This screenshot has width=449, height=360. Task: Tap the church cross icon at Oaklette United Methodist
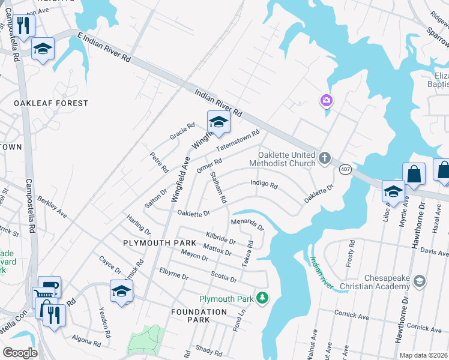[324, 158]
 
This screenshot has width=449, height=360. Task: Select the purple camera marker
[327, 100]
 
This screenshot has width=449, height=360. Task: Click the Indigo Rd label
[264, 185]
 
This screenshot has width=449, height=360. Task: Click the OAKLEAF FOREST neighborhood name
[51, 103]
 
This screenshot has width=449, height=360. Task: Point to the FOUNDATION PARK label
[199, 316]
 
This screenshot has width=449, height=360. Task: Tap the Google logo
[20, 353]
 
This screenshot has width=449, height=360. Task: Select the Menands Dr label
[247, 225]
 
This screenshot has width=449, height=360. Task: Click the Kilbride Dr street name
[220, 237]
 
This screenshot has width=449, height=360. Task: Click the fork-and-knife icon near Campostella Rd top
[23, 26]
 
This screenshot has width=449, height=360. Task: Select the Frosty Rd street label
[351, 254]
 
